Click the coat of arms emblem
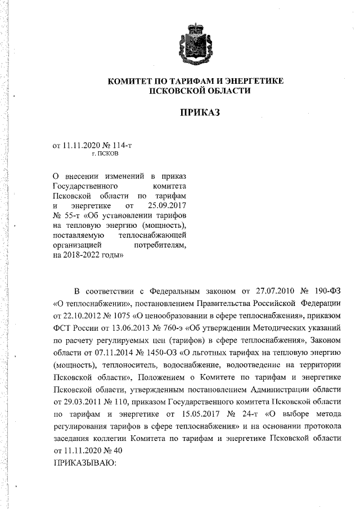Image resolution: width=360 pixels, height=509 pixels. tap(195, 44)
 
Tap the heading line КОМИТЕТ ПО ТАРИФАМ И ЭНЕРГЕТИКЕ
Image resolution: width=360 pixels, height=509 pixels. tap(195, 82)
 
